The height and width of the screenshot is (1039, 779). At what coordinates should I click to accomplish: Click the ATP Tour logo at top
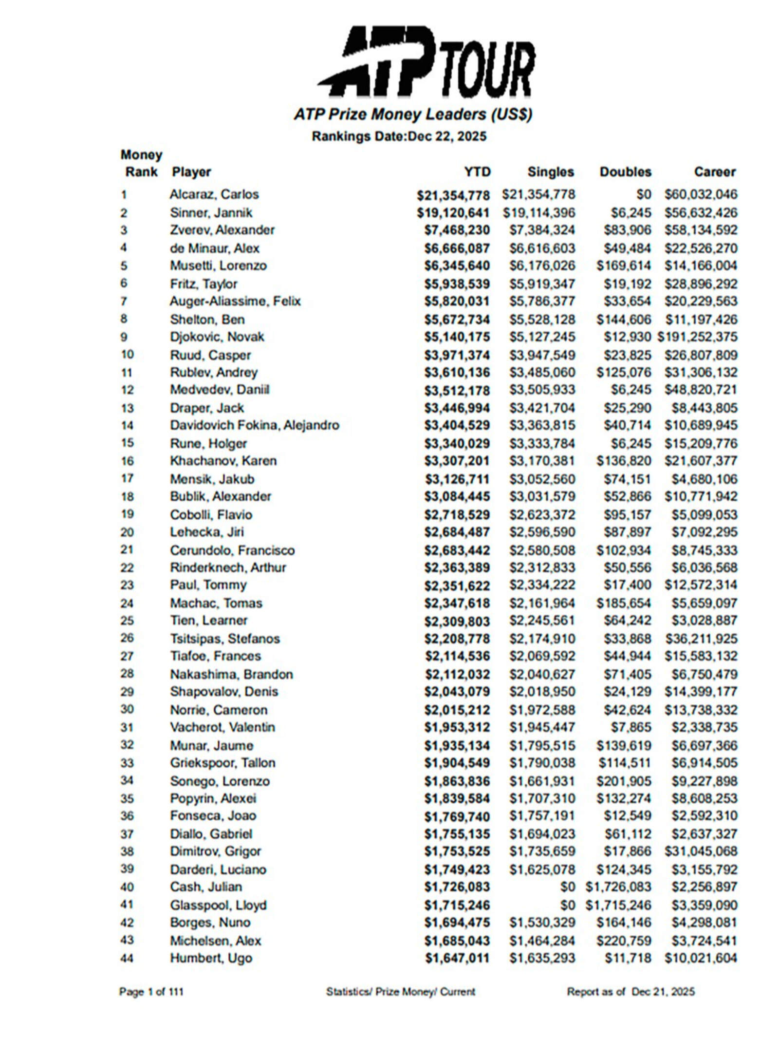pos(426,62)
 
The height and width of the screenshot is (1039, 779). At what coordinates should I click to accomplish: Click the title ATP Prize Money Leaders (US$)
pos(412,114)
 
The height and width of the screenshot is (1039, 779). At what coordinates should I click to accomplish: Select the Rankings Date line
pos(399,136)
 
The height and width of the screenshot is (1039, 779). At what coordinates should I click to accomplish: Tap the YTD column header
pos(477,171)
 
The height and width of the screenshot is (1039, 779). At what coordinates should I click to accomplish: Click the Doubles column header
pos(625,171)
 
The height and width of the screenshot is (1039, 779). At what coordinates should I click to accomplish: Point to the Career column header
pos(714,171)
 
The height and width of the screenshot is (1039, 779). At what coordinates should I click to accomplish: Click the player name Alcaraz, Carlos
pos(214,194)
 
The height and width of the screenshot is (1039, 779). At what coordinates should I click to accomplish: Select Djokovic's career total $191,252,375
pos(697,337)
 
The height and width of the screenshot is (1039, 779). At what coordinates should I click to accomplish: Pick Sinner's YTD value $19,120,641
pos(453,212)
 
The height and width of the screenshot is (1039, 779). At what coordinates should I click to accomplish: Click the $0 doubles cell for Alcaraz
pos(643,194)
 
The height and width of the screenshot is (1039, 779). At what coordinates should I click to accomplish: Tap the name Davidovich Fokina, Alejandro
pos(254,425)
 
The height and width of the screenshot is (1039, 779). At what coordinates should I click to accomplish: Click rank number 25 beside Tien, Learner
pos(127,620)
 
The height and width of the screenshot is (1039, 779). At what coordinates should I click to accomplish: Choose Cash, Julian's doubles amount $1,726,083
pos(618,887)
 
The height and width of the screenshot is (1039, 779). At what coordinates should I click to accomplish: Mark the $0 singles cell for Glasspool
pos(567,905)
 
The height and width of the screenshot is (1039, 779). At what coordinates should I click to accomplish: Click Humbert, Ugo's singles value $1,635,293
pos(542,958)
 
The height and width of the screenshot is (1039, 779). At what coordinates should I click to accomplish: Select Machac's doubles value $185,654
pos(624,603)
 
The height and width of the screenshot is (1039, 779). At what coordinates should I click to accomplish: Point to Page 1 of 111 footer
pos(151,992)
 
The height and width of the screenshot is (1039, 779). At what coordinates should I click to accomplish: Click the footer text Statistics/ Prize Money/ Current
pos(400,992)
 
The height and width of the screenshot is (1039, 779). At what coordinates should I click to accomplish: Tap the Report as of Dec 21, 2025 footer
pos(631,992)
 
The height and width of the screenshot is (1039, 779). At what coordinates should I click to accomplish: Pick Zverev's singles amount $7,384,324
pos(542,230)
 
